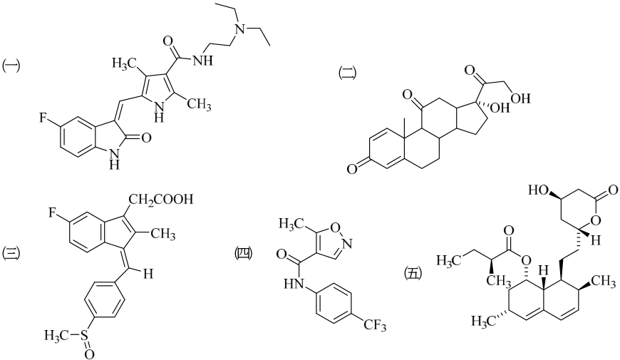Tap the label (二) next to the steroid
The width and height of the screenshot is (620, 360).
[348, 73]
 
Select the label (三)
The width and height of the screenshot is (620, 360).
[11, 253]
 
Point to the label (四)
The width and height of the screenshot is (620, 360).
[244, 253]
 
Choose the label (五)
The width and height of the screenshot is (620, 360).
[413, 273]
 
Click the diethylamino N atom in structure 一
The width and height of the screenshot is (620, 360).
[239, 28]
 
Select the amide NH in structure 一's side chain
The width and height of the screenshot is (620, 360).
[204, 61]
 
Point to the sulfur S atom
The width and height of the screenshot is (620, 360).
[83, 336]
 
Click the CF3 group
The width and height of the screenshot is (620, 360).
[373, 326]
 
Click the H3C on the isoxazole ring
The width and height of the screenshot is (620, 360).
[291, 225]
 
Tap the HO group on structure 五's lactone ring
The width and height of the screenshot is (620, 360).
[539, 190]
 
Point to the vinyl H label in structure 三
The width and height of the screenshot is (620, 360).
[148, 274]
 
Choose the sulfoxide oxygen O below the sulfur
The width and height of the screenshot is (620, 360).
[89, 354]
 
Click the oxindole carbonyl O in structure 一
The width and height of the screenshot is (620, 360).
[146, 138]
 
